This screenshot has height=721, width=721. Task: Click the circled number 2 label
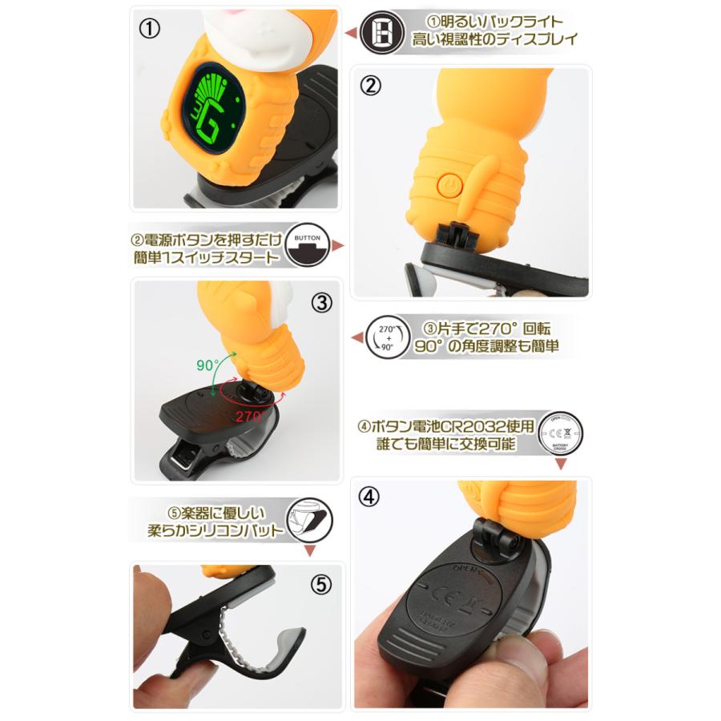pyautogui.click(x=369, y=86)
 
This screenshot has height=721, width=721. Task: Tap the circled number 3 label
pyautogui.click(x=320, y=302)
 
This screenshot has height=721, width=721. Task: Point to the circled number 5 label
pyautogui.click(x=320, y=585)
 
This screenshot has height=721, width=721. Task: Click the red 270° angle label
pyautogui.click(x=250, y=416)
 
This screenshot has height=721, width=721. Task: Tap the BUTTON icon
pyautogui.click(x=308, y=246)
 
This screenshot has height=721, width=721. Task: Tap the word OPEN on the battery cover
pyautogui.click(x=466, y=567)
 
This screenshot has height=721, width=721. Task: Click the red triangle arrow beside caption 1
pyautogui.click(x=350, y=33)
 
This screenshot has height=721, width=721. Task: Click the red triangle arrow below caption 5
pyautogui.click(x=310, y=552)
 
